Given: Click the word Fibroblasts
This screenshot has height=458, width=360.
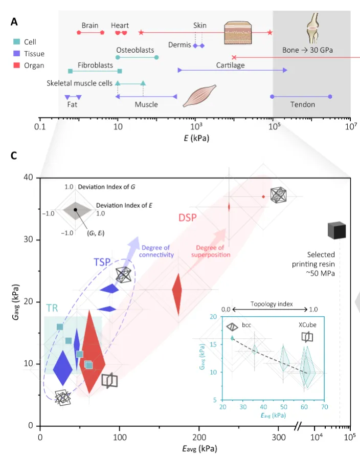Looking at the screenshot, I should pyautogui.click(x=95, y=66).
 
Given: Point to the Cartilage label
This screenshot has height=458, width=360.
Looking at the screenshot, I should pyautogui.click(x=230, y=66).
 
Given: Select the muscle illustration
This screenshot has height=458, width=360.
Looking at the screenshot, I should pyautogui.click(x=202, y=95).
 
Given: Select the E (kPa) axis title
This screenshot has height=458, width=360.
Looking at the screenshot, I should pyautogui.click(x=194, y=138).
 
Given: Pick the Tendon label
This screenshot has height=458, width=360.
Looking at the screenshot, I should pyautogui.click(x=302, y=105).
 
